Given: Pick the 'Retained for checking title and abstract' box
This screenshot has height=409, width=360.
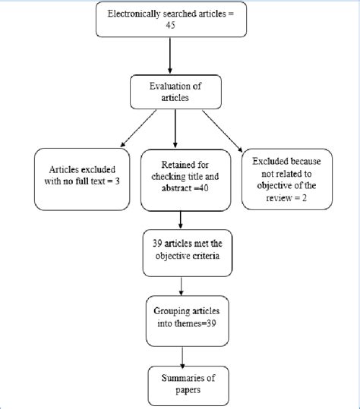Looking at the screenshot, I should click(181, 180).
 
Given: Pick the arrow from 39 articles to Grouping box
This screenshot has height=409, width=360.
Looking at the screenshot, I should click(181, 285).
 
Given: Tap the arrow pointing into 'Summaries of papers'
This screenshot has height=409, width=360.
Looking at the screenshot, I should click(181, 351).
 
